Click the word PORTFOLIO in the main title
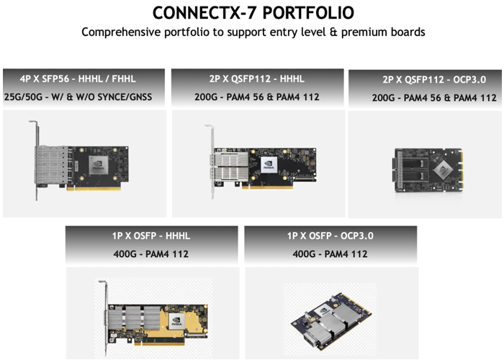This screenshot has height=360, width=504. pos(308,13)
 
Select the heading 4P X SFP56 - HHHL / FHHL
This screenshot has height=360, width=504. pos(78,78)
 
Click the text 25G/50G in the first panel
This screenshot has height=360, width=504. pos(23,96)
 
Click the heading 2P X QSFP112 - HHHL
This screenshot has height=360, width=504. pos(256,78)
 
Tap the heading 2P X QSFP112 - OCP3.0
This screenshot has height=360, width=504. pos(434,79)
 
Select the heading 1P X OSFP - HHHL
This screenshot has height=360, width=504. pos(151,235)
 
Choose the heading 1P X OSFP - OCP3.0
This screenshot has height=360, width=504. pos(330,235)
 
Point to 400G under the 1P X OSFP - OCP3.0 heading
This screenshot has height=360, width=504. pos(304,254)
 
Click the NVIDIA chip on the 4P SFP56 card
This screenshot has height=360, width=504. pos(99,165)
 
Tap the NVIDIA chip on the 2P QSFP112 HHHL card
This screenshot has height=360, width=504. pos(269,165)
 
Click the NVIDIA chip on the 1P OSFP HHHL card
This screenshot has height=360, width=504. pos(176,321)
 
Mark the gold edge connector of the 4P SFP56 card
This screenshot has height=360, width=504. pos(94,189)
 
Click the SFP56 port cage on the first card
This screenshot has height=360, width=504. pos(51,165)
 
